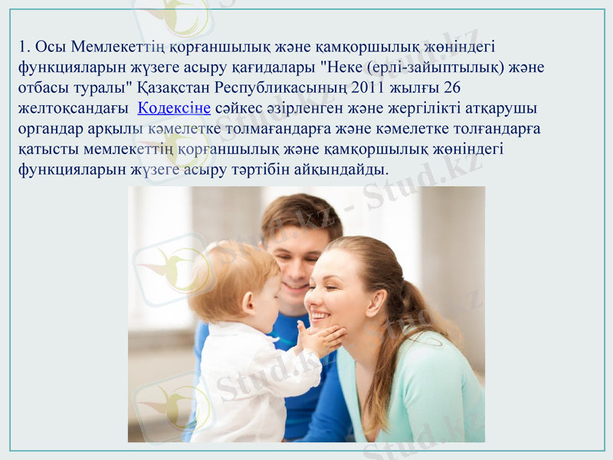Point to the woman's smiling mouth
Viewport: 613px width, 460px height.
320,315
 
